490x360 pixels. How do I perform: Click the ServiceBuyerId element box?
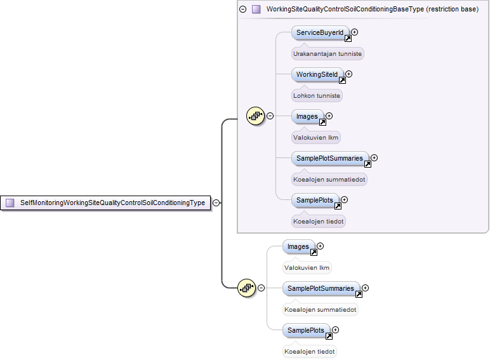(320, 32)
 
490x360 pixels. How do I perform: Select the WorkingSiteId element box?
(317, 74)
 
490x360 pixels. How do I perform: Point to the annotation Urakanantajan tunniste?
(328, 54)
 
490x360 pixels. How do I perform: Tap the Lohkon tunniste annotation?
(317, 96)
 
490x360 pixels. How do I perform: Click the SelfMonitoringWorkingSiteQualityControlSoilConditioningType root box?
(105, 203)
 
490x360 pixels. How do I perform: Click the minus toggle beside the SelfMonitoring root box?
(216, 203)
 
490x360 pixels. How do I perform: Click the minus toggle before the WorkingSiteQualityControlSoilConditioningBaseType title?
(243, 10)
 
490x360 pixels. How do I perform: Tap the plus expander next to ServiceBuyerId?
(354, 32)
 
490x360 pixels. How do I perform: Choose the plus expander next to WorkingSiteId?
(348, 74)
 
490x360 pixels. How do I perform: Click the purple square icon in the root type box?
(10, 203)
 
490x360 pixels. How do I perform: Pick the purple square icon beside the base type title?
(256, 10)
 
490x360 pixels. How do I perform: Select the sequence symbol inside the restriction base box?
(255, 116)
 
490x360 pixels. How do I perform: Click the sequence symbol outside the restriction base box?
(246, 288)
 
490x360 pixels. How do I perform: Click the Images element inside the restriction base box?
(307, 116)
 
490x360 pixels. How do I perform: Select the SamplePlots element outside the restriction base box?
(306, 330)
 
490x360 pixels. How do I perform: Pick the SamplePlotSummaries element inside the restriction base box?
(330, 158)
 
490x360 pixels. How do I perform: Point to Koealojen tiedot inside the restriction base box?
(319, 221)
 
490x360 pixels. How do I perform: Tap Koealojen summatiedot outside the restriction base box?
(321, 309)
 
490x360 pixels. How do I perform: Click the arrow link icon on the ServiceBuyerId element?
(348, 39)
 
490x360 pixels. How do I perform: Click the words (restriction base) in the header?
(452, 10)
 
